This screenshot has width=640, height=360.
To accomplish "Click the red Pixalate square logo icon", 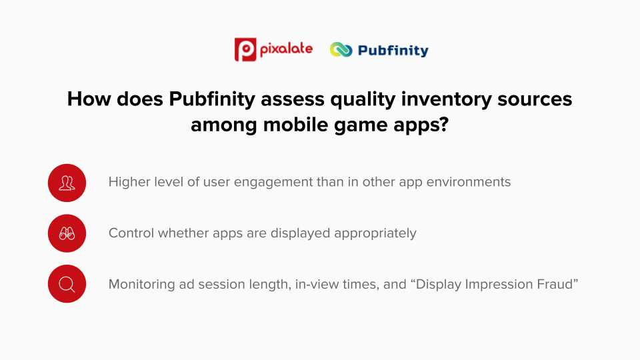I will point(246,49).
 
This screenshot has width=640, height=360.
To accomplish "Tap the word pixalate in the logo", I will point(286,49).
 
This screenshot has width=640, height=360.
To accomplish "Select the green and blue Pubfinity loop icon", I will point(341,50).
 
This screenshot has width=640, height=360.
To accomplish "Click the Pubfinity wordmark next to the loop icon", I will point(393,50).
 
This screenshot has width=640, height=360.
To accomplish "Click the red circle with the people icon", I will point(67,182).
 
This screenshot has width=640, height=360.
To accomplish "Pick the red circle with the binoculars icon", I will point(67,233).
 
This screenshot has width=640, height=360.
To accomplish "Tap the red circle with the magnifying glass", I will point(67,284).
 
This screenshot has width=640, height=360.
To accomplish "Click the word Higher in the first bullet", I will point(129,182).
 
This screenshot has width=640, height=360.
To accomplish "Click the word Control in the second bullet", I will point(131,233).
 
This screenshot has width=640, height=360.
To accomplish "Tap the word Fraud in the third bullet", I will point(558,285).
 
